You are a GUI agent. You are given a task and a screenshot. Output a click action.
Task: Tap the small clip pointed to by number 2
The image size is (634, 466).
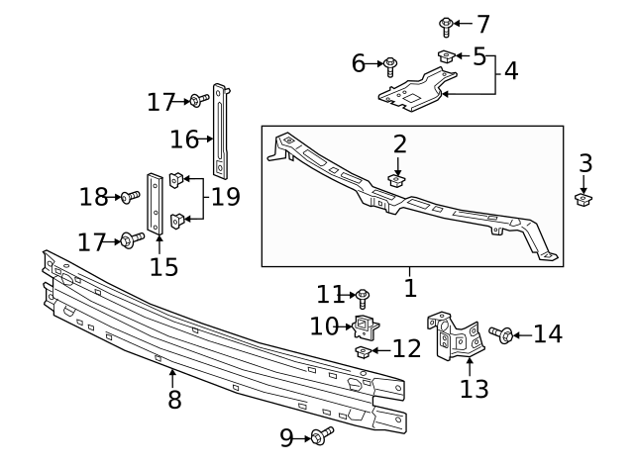click(x=399, y=180)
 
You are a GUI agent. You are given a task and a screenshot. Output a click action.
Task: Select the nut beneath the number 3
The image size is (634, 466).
click(x=584, y=200)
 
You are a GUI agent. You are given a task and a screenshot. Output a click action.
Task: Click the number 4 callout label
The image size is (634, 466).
click(x=510, y=70)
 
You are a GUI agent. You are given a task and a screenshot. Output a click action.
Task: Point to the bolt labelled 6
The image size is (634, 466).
click(x=391, y=65)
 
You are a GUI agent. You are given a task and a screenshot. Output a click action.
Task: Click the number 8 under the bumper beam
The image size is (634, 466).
click(x=173, y=400)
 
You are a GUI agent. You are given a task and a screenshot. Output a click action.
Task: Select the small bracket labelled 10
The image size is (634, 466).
click(x=368, y=326)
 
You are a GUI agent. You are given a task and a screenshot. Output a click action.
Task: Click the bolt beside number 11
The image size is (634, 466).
click(x=363, y=295)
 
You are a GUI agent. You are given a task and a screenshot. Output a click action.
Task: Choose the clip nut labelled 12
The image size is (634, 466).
click(x=364, y=350)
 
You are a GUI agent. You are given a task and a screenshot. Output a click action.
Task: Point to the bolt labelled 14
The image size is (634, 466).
click(x=501, y=335)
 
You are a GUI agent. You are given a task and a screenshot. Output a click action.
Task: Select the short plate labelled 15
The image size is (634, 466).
click(x=156, y=205)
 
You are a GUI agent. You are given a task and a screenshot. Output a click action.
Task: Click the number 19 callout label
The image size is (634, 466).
click(x=225, y=197)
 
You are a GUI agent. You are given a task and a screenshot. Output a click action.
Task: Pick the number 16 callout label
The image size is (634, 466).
click(x=184, y=139)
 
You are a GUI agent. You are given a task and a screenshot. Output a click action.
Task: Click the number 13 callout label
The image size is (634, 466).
click(x=474, y=388)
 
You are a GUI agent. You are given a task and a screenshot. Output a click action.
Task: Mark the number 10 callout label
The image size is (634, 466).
click(x=324, y=326)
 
